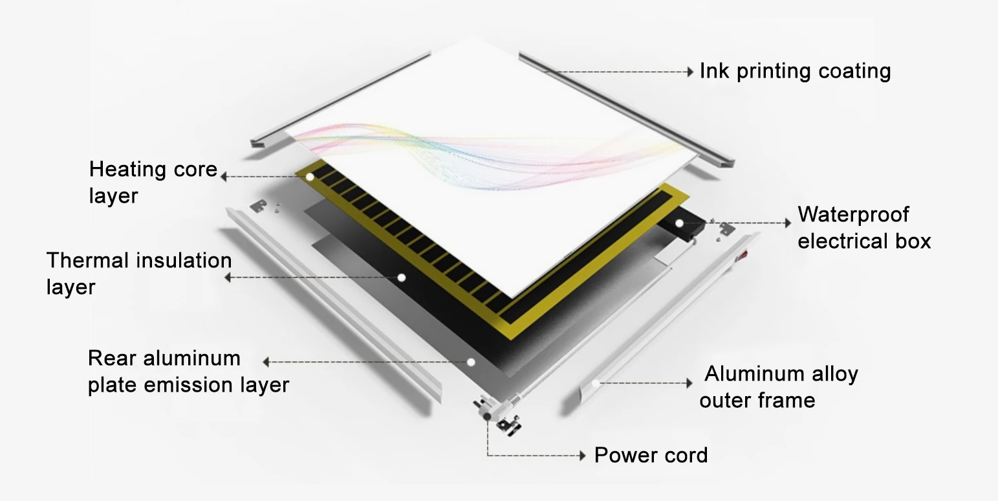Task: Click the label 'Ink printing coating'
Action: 795,71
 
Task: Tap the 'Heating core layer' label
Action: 153,182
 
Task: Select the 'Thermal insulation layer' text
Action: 138,273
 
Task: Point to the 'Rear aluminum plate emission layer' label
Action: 188,372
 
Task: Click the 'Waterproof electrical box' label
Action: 864,228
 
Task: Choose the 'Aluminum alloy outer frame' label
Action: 779,386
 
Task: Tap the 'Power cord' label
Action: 651,455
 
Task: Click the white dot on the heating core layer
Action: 310,176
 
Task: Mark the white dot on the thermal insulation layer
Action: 401,277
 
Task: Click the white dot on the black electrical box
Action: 679,223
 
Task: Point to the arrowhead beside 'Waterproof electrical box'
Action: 787,223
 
